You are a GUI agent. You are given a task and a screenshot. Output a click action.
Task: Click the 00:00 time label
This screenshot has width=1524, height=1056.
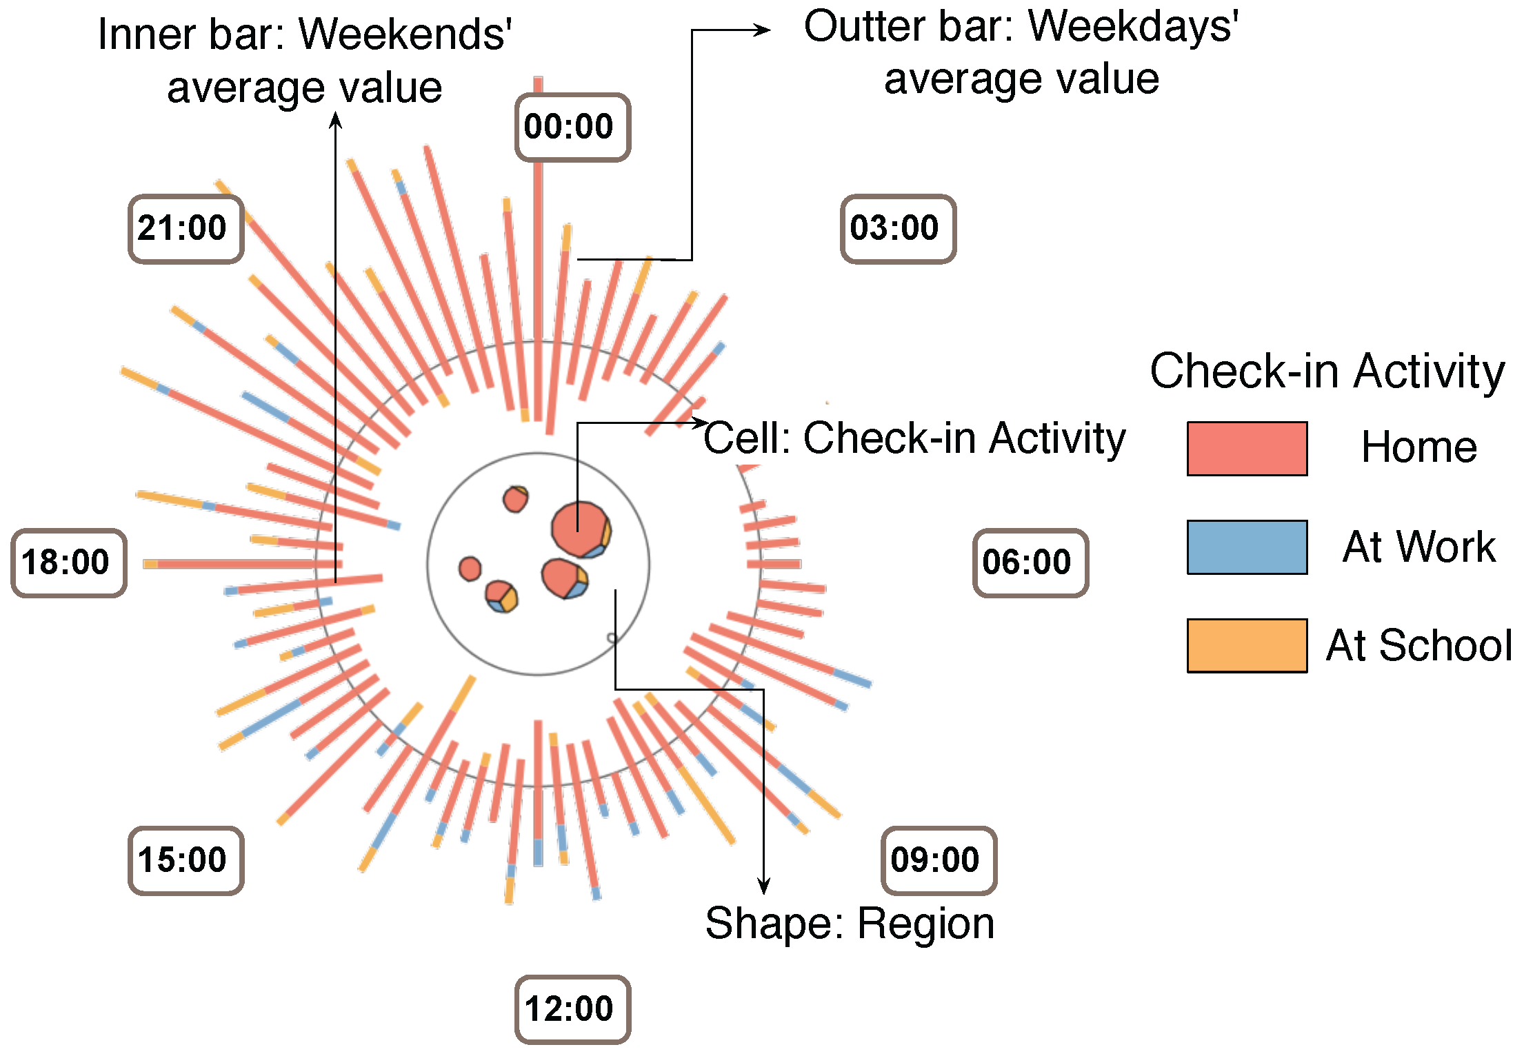pyautogui.click(x=572, y=128)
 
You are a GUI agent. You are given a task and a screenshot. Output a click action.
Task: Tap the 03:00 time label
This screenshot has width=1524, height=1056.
pyautogui.click(x=898, y=229)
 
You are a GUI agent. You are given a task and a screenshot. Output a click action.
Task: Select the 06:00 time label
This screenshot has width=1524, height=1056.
pyautogui.click(x=1030, y=562)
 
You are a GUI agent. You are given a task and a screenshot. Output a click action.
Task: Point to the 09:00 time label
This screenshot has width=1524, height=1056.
pyautogui.click(x=939, y=860)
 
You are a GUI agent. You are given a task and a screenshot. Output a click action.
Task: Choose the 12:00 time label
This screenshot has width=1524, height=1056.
pyautogui.click(x=572, y=1009)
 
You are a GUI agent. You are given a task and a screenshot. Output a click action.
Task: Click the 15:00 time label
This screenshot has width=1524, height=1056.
pyautogui.click(x=186, y=860)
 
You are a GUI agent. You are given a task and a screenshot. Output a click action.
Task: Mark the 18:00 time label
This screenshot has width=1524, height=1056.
pyautogui.click(x=68, y=562)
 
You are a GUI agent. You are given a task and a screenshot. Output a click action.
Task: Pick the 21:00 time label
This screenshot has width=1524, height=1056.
pyautogui.click(x=186, y=229)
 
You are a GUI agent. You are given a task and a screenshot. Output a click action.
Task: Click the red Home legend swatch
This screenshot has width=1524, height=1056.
pyautogui.click(x=1246, y=448)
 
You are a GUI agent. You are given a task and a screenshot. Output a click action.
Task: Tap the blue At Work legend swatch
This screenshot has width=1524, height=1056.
pyautogui.click(x=1246, y=547)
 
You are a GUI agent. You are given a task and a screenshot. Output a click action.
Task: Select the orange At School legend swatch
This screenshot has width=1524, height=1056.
pyautogui.click(x=1246, y=645)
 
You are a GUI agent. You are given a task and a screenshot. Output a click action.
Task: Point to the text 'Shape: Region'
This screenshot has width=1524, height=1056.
pyautogui.click(x=850, y=924)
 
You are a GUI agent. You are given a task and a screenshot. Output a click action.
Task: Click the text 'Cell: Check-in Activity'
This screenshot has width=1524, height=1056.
pyautogui.click(x=914, y=438)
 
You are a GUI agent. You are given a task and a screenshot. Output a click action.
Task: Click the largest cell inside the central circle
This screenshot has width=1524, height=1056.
pyautogui.click(x=578, y=528)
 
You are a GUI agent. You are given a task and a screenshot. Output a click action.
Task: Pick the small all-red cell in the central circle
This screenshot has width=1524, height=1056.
pyautogui.click(x=470, y=569)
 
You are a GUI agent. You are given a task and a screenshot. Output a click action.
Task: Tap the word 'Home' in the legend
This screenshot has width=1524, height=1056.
pyautogui.click(x=1419, y=448)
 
